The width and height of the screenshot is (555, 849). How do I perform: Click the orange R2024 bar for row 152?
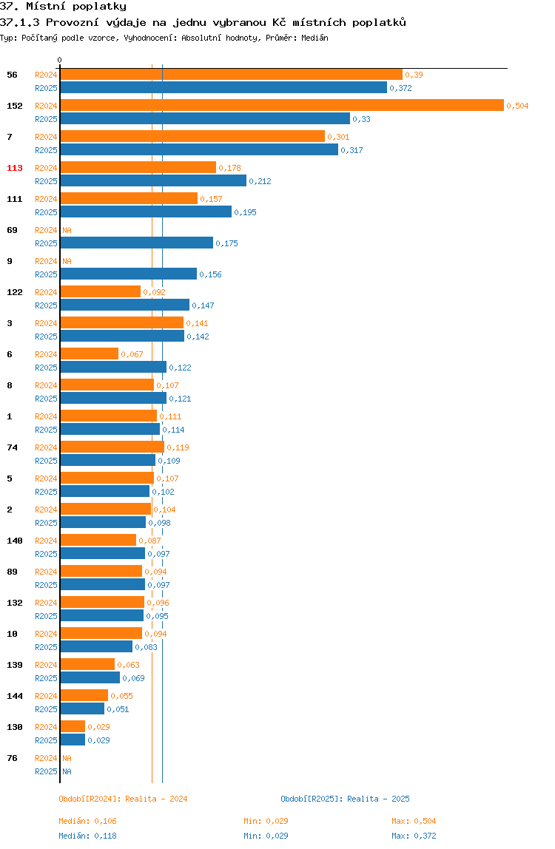[282, 106]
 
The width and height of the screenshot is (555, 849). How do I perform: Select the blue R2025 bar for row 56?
[223, 88]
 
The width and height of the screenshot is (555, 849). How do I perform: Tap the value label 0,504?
[517, 106]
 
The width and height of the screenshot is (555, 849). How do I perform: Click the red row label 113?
[15, 168]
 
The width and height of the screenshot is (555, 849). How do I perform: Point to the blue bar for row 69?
[137, 243]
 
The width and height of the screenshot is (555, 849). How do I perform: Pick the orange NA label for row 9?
[67, 261]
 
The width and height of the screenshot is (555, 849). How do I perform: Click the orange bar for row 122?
[100, 292]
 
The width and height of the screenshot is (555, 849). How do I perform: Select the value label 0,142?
[198, 336]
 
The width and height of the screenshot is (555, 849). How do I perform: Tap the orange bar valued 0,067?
[90, 354]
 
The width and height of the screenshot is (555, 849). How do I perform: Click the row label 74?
[12, 447]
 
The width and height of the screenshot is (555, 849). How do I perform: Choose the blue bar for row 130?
[73, 740]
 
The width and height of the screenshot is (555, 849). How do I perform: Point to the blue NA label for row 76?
[67, 771]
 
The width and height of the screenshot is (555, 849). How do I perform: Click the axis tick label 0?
[60, 60]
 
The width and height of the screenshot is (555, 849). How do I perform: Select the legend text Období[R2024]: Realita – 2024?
[123, 799]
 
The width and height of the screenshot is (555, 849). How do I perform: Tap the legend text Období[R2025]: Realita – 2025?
[346, 799]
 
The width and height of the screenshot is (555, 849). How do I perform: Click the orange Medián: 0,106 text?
[88, 822]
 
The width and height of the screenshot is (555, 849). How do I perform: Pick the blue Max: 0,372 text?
[414, 836]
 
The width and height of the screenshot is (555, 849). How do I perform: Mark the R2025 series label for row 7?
[46, 151]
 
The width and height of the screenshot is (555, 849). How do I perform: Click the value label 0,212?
[260, 181]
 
